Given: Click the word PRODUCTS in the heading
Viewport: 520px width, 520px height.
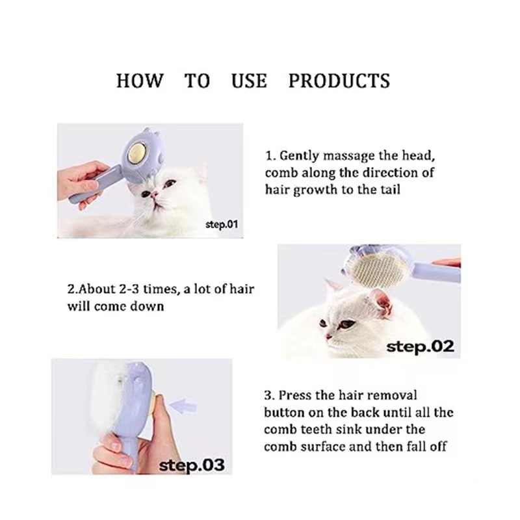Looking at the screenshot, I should point(339,81).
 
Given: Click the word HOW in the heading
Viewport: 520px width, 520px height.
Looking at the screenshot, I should point(140,81).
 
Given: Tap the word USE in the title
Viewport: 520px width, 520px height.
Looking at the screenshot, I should point(249,81).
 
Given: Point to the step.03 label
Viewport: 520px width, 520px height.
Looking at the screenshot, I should point(192,465).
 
